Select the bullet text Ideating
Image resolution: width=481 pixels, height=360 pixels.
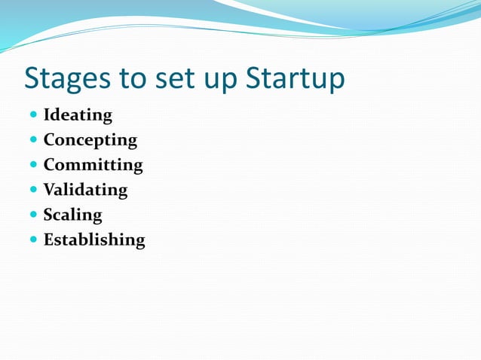tap(78, 115)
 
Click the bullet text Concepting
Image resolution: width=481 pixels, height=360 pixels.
tap(90, 140)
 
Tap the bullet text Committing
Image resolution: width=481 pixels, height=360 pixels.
tap(93, 165)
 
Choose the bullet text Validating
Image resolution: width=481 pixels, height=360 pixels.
tap(85, 190)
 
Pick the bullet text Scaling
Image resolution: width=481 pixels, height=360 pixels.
tap(72, 215)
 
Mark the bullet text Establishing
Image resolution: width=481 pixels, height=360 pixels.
tap(94, 239)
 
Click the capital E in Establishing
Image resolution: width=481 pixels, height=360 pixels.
tap(49, 239)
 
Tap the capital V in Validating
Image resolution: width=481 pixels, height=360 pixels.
tap(50, 190)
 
